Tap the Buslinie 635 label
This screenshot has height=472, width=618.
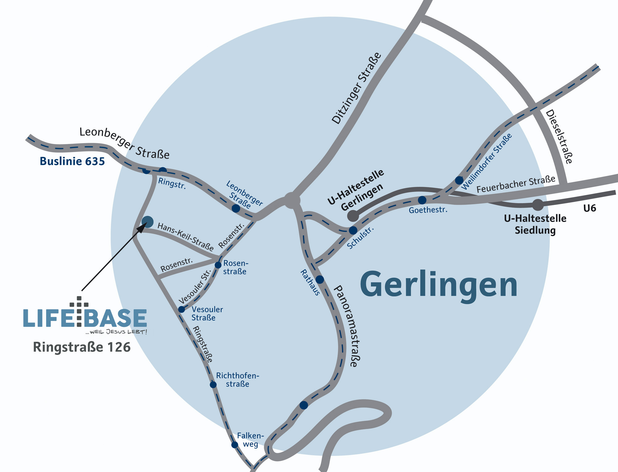click(x=72, y=161)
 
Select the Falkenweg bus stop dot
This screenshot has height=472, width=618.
click(x=235, y=445)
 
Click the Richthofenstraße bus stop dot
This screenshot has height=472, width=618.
click(x=213, y=385)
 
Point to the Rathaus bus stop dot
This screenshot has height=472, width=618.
click(x=320, y=279)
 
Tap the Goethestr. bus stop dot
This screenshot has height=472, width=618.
click(x=422, y=200)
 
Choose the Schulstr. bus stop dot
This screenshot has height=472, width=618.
click(x=353, y=230)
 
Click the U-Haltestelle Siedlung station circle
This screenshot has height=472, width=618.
click(x=538, y=205)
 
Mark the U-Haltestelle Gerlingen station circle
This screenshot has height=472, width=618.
click(x=353, y=216)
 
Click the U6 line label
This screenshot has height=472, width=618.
click(x=590, y=208)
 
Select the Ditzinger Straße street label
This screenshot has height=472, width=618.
click(x=357, y=88)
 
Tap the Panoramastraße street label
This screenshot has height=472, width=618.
click(x=347, y=326)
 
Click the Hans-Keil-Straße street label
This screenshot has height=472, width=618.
click(x=185, y=237)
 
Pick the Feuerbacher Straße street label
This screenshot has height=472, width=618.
click(x=516, y=185)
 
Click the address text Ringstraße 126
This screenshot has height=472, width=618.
click(x=82, y=347)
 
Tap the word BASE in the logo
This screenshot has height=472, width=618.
click(x=115, y=318)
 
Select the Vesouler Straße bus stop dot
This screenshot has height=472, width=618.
click(x=182, y=309)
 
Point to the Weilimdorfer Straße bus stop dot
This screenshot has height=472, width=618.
click(x=459, y=180)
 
